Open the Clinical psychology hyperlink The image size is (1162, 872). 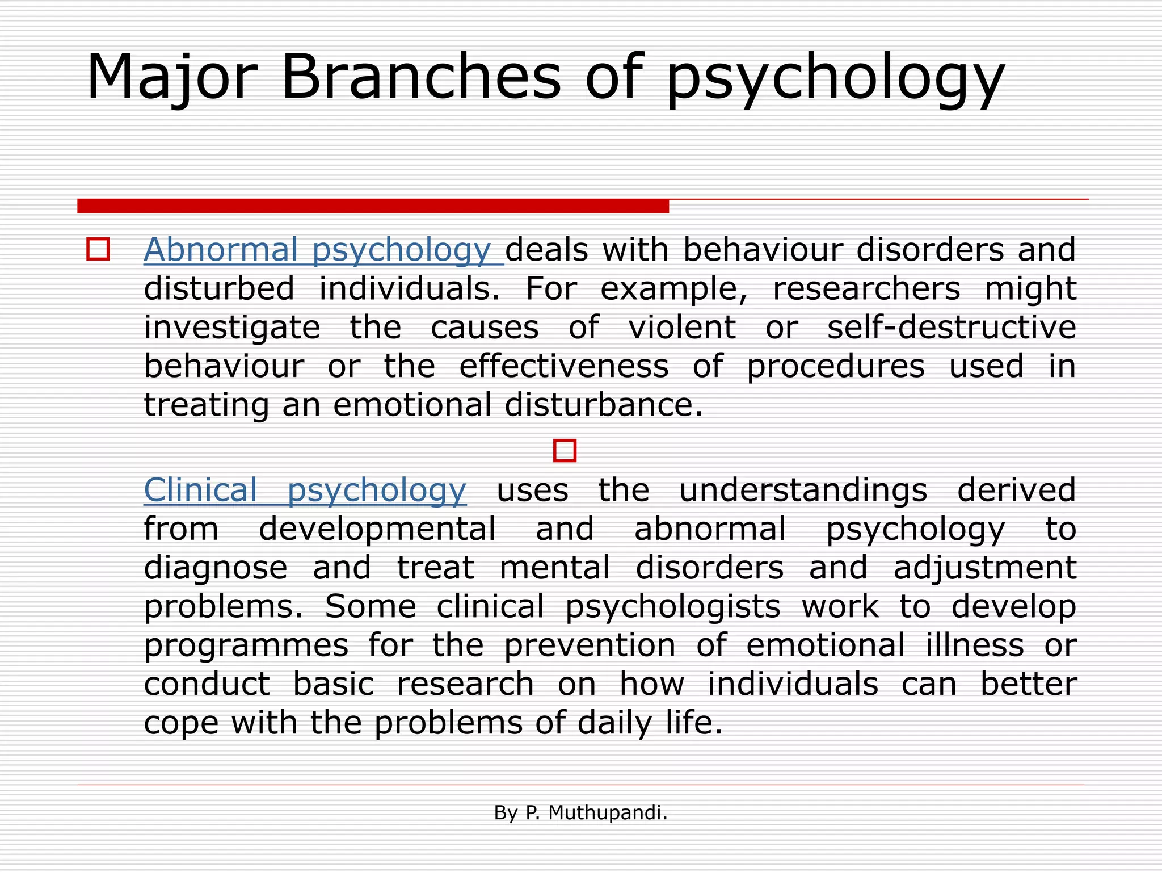tap(305, 490)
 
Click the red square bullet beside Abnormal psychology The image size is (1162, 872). tap(98, 250)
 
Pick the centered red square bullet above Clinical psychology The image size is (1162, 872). tap(565, 451)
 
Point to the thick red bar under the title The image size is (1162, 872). tap(373, 206)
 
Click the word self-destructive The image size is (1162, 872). tap(951, 328)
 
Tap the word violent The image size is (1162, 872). tap(681, 328)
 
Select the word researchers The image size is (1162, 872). tap(866, 288)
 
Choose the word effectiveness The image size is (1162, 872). tap(563, 366)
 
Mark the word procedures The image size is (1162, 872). tap(835, 366)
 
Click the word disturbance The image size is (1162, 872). tap(603, 405)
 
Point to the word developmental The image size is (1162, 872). tap(377, 529)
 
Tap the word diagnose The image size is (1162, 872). tap(216, 568)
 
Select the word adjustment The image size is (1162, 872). tap(984, 568)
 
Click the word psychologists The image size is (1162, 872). tap(672, 607)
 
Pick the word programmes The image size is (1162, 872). tap(246, 646)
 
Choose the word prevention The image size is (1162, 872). tap(590, 646)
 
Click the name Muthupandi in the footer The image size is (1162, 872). tap(607, 813)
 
